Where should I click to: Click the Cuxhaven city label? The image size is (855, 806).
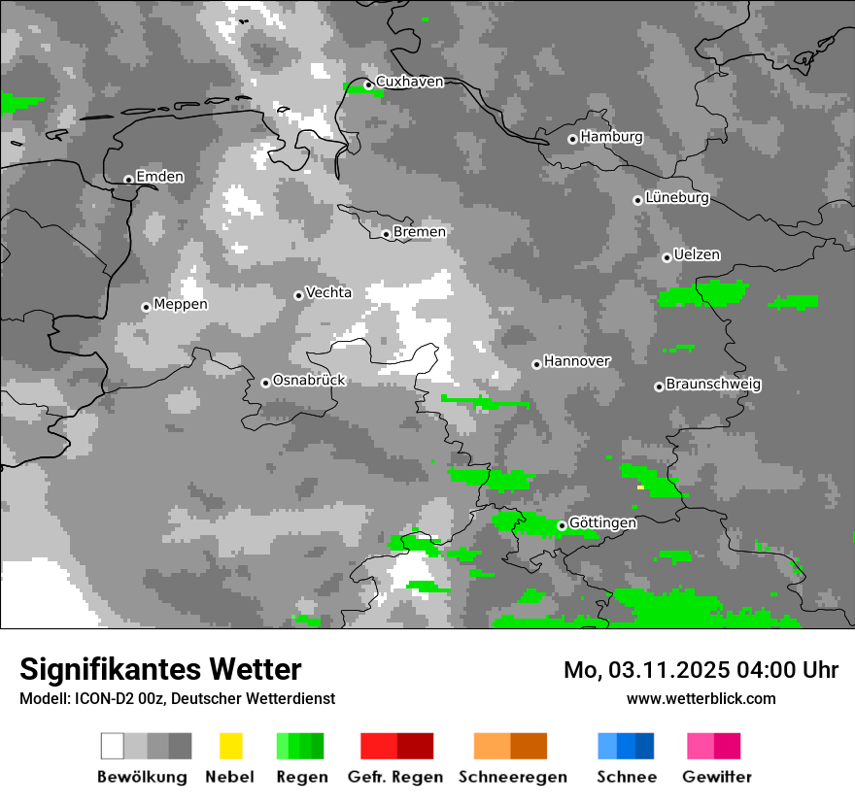[409, 82]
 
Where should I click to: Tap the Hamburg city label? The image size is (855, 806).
[611, 137]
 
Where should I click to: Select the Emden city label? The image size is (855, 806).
[159, 177]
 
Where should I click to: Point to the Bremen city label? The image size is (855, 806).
[420, 232]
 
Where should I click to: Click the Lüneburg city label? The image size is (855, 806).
[677, 198]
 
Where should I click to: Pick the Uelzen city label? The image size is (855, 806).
[697, 255]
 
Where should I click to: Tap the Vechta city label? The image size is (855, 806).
[328, 292]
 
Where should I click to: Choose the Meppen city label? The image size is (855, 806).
[181, 305]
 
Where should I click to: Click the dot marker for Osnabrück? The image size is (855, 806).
[265, 383]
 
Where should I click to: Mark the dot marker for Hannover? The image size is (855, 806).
[536, 364]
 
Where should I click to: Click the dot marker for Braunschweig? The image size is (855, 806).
[659, 386]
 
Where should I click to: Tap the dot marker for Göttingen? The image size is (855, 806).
[562, 525]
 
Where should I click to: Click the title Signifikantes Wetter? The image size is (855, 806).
[160, 669]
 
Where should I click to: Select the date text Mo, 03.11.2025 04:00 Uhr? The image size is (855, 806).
[701, 670]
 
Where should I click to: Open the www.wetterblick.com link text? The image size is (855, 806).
[701, 698]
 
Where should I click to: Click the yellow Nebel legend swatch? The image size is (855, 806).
[230, 746]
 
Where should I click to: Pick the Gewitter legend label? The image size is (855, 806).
[717, 777]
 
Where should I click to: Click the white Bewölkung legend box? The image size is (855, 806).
[113, 746]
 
